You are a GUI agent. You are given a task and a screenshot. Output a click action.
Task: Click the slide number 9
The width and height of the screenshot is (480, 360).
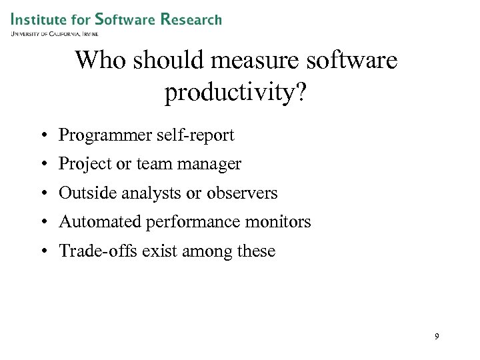point(437,337)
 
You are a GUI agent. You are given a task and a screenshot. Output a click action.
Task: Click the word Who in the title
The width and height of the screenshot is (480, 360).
point(97,61)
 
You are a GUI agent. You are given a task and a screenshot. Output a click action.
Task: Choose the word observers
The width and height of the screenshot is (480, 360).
point(243,193)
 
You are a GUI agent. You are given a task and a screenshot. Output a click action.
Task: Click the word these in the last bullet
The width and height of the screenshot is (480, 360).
point(257,251)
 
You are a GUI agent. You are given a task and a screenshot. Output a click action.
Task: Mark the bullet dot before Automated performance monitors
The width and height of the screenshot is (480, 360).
point(42,223)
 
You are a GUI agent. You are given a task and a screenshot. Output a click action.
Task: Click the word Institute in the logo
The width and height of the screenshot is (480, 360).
point(38,19)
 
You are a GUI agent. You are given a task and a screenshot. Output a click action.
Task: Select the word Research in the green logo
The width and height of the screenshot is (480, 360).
point(191,19)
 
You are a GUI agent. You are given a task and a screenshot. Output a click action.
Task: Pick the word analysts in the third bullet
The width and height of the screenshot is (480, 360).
point(157,193)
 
